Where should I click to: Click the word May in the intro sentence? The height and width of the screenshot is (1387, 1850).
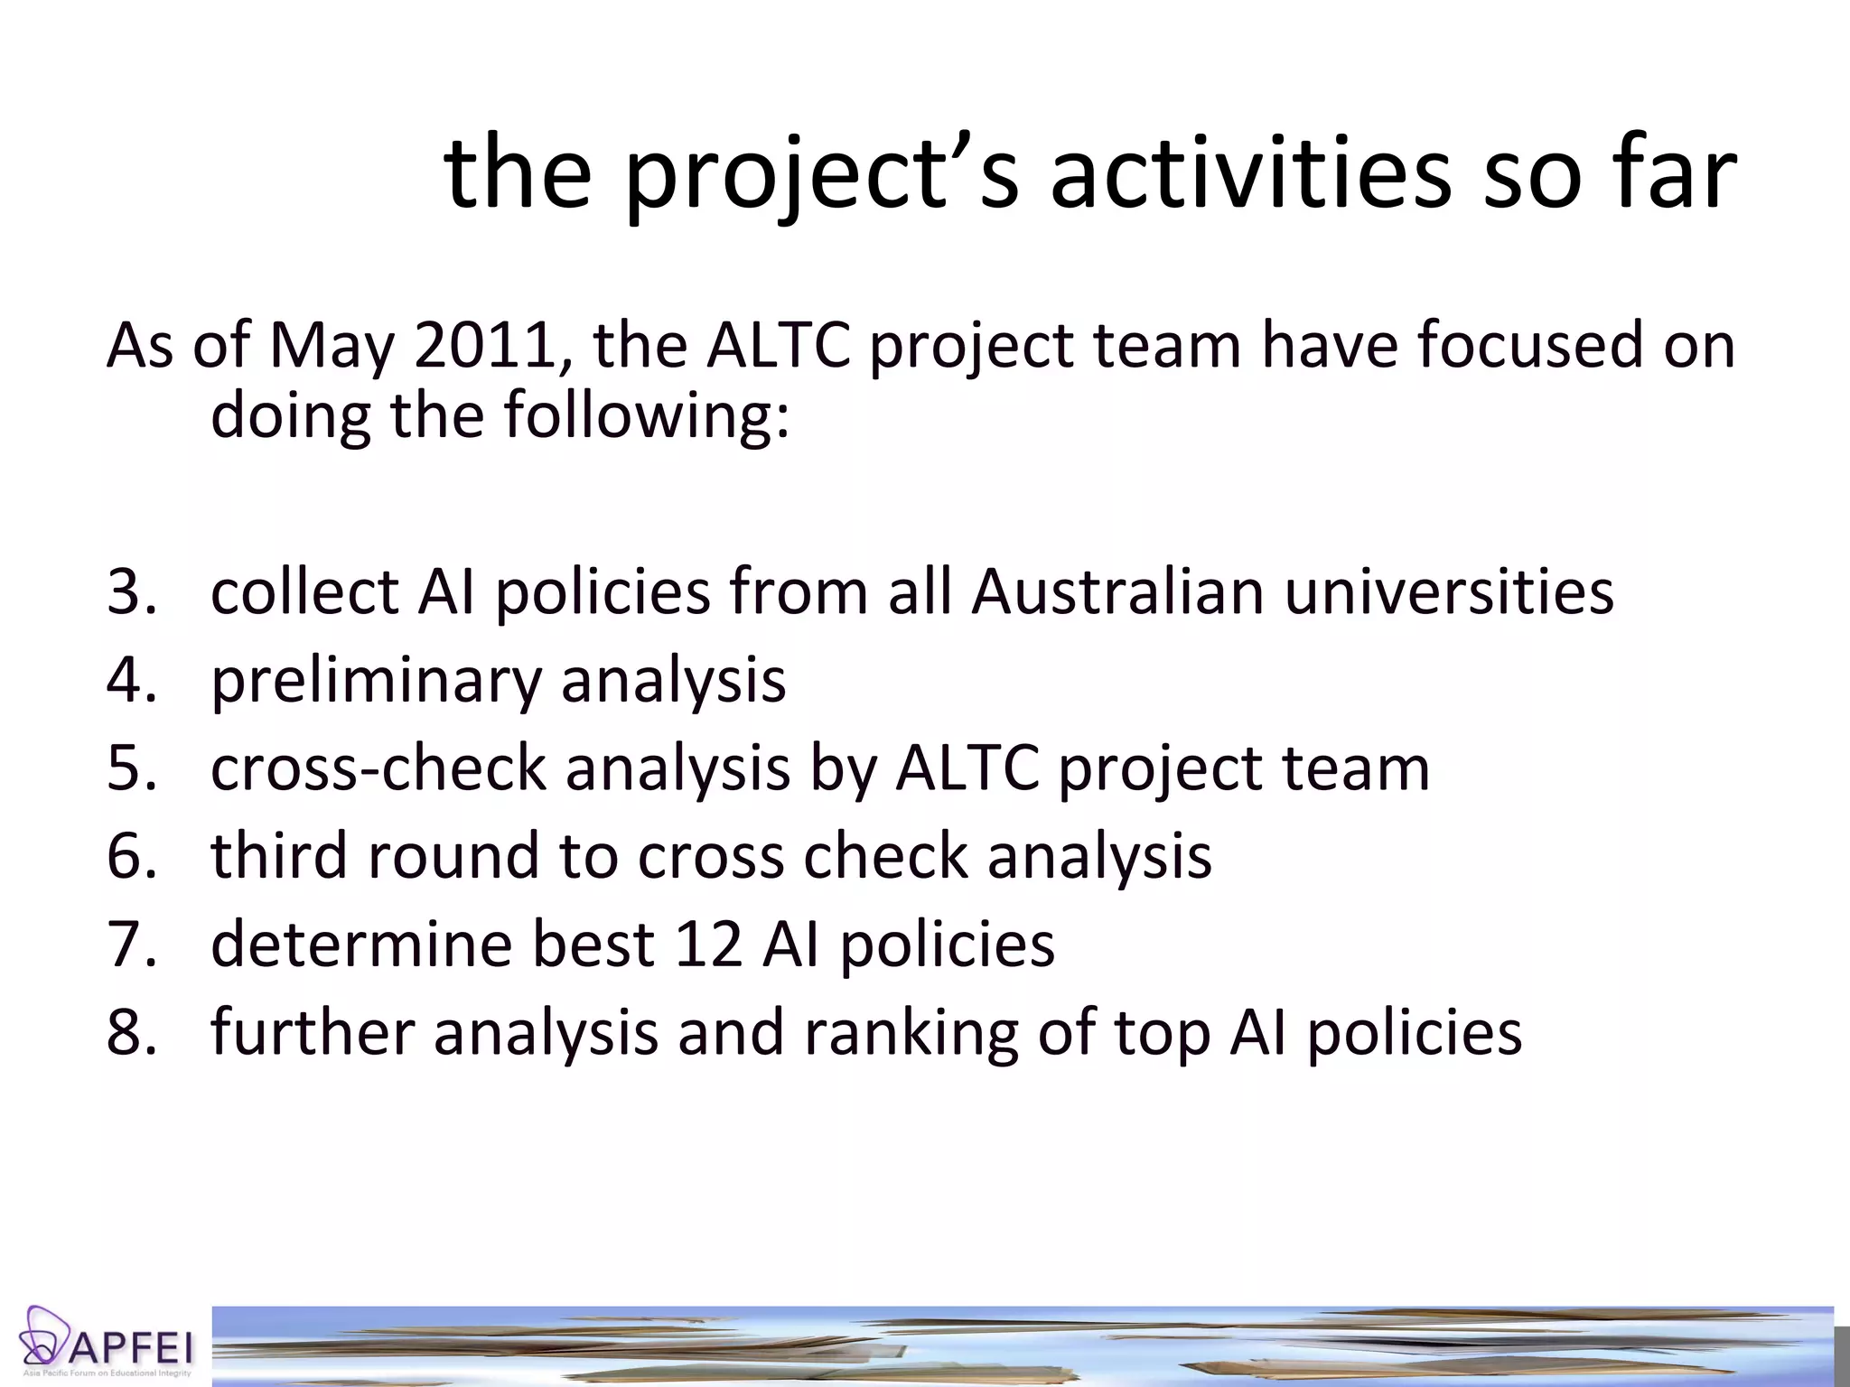coord(332,346)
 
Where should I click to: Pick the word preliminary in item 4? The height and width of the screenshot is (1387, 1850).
coord(376,680)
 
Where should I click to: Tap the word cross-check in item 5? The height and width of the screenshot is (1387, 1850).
coord(378,768)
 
